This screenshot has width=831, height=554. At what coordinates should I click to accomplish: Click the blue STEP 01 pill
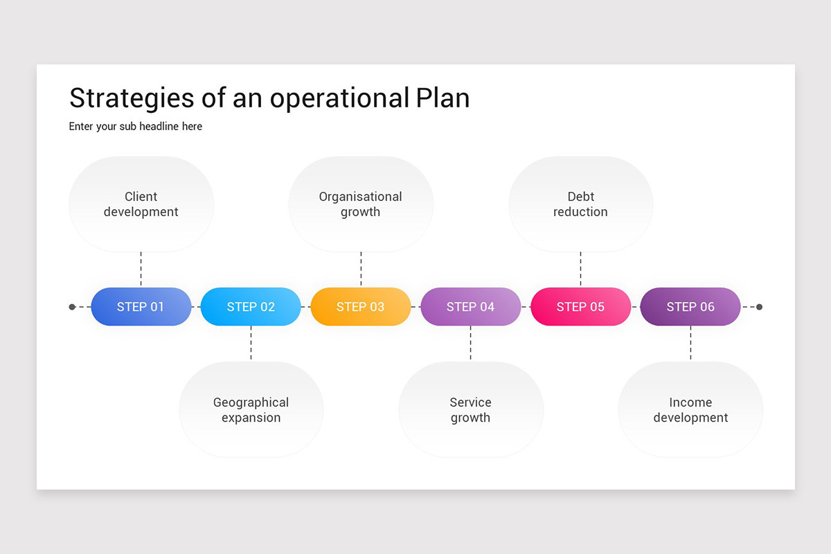141,307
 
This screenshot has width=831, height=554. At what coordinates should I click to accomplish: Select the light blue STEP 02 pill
251,307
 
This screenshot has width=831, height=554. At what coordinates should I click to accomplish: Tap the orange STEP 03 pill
361,307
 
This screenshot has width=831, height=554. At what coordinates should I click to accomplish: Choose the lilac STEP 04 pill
470,307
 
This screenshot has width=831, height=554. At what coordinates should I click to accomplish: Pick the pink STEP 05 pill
580,307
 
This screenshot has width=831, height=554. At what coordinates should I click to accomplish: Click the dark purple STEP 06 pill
690,307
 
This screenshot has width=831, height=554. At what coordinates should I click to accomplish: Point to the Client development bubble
141,204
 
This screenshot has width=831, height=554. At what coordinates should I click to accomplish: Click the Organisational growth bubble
361,204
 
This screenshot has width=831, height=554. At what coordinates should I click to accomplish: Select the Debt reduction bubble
580,204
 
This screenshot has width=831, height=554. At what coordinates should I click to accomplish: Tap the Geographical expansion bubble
251,409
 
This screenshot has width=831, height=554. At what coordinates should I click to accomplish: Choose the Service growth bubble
471,409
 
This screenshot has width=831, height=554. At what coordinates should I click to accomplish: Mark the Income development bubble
691,409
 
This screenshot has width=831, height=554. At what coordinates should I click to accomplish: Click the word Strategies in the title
132,99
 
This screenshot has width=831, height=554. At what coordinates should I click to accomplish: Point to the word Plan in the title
443,98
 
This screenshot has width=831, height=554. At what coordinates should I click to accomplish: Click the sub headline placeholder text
136,126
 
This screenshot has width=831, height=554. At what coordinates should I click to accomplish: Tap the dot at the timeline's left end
72,307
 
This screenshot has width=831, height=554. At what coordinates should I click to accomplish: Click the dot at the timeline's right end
760,307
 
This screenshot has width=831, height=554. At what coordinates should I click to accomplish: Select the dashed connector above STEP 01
141,269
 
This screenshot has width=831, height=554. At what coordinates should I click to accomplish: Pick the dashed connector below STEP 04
471,343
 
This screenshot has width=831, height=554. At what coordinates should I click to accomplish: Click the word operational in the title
339,99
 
